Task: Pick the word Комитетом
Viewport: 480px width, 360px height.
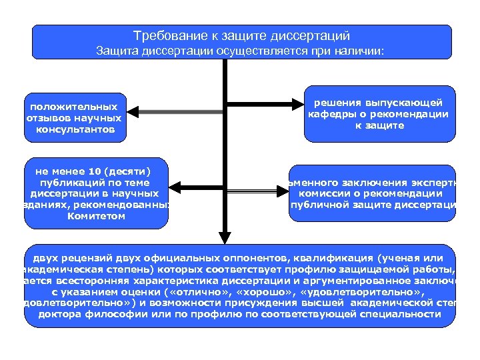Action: (x=96, y=216)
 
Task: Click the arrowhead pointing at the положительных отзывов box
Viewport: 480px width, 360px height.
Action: (x=131, y=112)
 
